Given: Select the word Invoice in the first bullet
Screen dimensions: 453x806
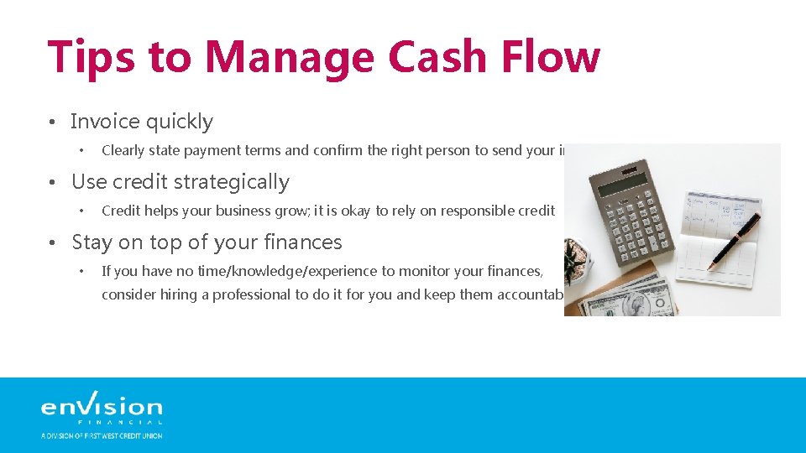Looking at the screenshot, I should tap(105, 122).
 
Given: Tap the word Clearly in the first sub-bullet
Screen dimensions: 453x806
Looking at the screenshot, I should tap(123, 151).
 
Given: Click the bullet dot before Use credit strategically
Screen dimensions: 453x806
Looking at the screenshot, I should tap(52, 183).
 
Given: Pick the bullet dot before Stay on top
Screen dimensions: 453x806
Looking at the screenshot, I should tap(52, 243).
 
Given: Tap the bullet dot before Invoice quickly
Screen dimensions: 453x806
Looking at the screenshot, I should tap(52, 122).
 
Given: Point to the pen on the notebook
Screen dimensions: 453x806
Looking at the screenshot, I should tap(736, 241).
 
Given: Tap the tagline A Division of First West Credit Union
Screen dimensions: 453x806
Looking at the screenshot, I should tap(102, 435).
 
